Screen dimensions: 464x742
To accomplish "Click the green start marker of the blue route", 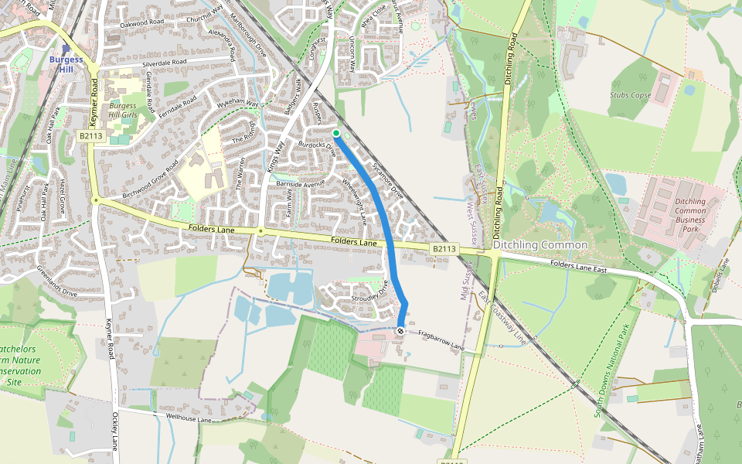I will pos(336,133).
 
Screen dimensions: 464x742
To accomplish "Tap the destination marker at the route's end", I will pos(400,331).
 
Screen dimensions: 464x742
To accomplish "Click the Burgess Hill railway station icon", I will pos(66,48).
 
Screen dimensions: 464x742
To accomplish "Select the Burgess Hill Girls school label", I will pos(122,111).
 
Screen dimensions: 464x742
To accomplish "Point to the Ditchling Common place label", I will pos(540,245).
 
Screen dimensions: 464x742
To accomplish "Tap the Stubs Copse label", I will pos(630,95).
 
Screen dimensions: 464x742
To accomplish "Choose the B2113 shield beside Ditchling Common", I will pos(444,249).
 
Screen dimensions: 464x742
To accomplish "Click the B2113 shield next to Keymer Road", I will pos(90,136).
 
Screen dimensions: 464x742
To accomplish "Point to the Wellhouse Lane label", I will pos(189,418).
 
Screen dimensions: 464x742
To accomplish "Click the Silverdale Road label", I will pos(163,62).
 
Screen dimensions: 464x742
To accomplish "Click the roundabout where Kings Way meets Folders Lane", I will pos(261,231).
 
